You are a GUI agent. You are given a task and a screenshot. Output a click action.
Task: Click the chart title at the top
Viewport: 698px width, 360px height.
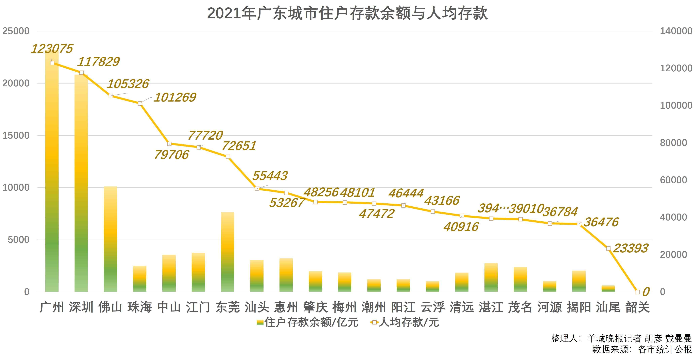347,13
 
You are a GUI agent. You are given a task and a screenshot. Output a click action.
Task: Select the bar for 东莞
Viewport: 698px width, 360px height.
228,252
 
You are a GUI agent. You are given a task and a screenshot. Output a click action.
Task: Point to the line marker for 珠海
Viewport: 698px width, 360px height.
140,104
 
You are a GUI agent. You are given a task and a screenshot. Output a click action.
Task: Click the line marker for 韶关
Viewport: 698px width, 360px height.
638,292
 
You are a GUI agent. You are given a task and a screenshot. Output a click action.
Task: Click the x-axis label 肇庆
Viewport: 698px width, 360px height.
315,307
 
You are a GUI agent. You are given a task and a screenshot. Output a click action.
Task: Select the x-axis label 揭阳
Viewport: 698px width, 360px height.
579,307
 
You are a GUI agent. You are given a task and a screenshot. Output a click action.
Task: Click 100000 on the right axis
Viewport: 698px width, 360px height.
676,105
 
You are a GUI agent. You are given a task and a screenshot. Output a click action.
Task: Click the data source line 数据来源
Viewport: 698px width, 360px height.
642,349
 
